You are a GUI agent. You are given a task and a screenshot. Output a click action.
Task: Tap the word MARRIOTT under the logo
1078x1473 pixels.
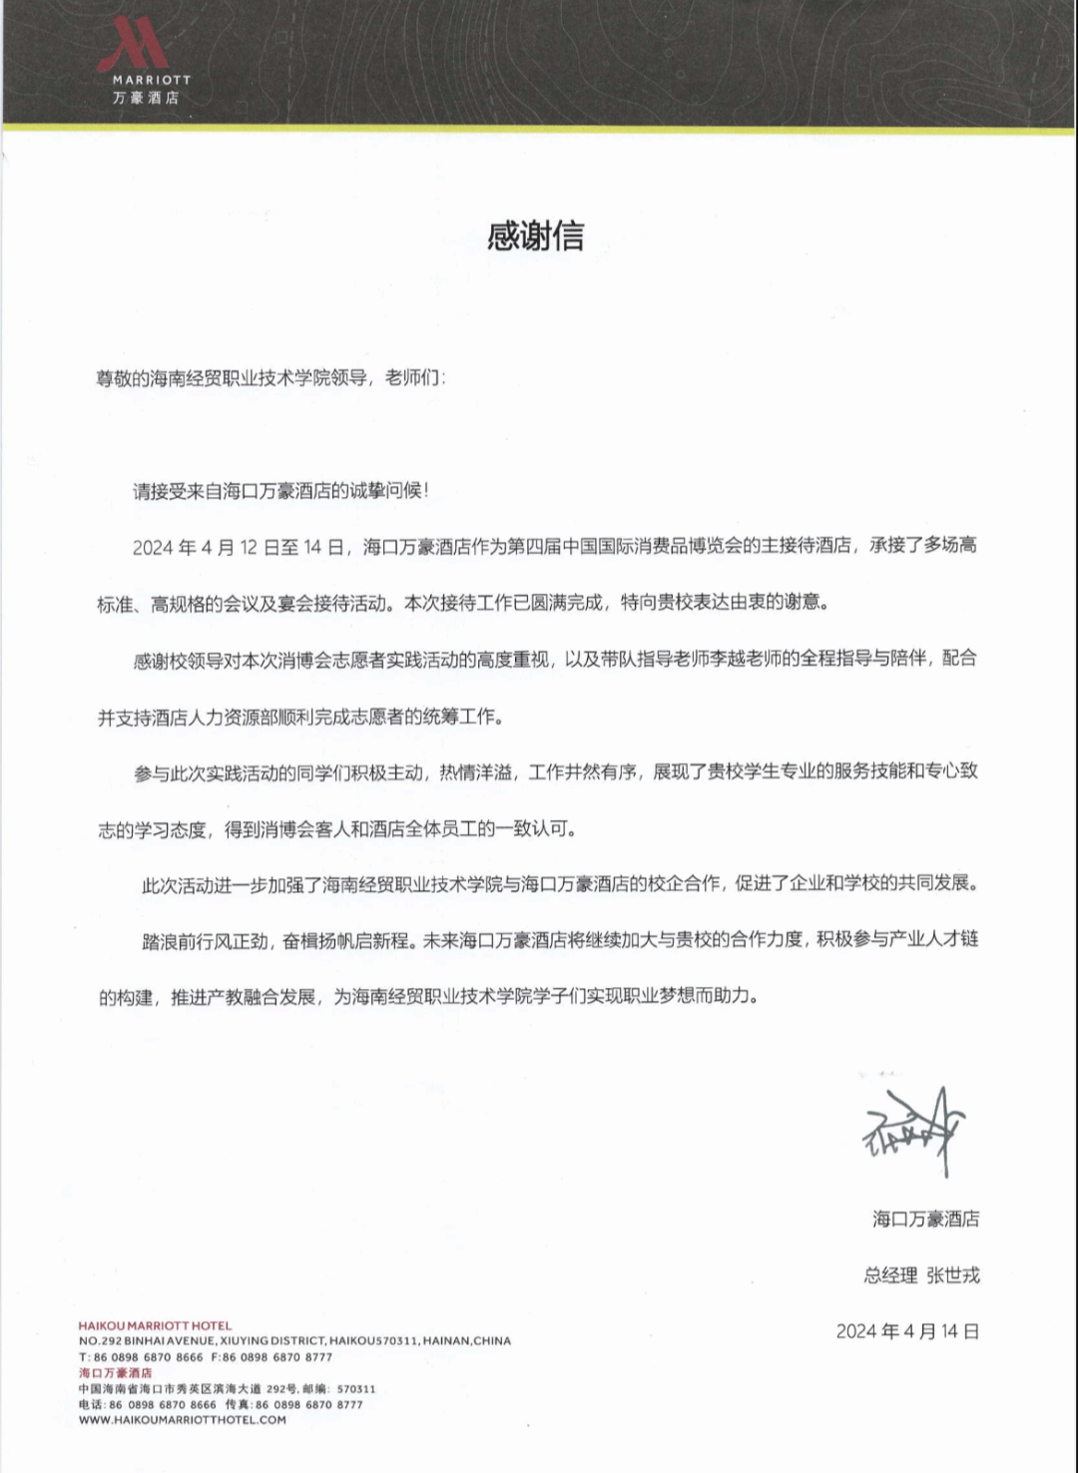[151, 80]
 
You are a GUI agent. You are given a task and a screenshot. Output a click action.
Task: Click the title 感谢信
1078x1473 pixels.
[536, 237]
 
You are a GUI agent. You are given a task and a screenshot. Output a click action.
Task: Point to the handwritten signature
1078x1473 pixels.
[914, 1128]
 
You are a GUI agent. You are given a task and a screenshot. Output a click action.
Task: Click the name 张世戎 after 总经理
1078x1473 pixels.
[953, 1274]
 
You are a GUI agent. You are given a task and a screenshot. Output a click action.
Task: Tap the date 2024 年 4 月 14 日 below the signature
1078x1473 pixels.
[907, 1330]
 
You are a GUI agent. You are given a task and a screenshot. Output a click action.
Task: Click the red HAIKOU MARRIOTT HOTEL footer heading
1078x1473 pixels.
[155, 1326]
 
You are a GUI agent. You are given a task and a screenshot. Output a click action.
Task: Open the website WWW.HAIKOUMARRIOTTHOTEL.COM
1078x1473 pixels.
[183, 1420]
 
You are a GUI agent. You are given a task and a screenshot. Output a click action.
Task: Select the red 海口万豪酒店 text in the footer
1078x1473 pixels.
[116, 1373]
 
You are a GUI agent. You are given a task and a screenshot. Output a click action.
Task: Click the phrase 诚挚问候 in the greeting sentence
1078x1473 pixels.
[387, 491]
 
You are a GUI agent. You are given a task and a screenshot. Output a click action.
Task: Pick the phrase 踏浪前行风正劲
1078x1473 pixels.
[205, 940]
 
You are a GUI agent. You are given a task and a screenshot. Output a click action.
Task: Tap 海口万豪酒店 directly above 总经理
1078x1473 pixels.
[925, 1219]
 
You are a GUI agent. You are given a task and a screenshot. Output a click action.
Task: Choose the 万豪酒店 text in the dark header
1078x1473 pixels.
[146, 99]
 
